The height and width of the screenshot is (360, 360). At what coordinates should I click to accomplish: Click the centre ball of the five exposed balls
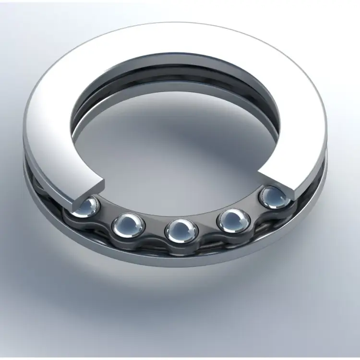pos(181,230)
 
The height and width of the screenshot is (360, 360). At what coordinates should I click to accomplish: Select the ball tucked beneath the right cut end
pos(275,196)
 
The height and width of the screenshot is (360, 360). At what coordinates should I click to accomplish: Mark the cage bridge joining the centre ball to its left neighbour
pos(155,231)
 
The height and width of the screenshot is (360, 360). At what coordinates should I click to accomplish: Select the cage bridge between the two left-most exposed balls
pos(107,219)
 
